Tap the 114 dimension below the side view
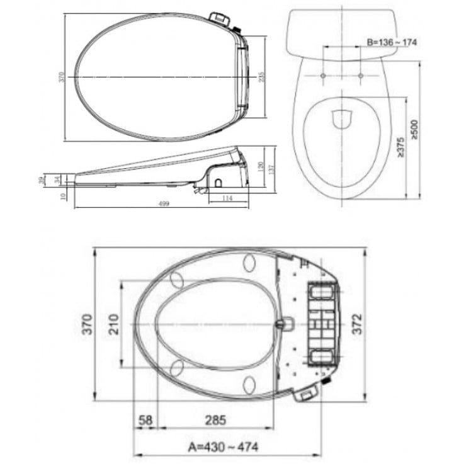point(228,198)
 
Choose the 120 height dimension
point(260,166)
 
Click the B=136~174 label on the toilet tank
point(392,42)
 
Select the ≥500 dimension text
point(414,128)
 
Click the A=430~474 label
point(224,447)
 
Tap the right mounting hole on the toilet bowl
point(360,76)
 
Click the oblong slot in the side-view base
point(218,181)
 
